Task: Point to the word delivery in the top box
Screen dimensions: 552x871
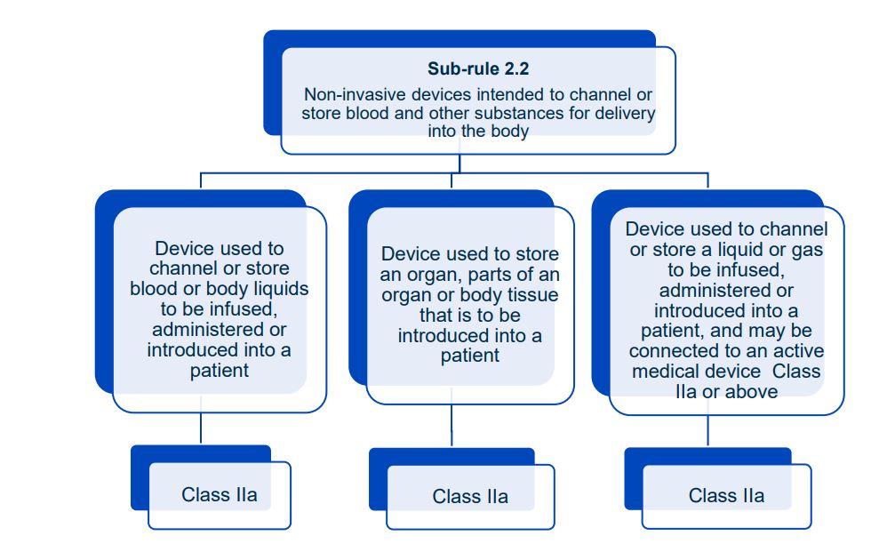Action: click(624, 113)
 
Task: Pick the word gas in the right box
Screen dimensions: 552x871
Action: click(805, 250)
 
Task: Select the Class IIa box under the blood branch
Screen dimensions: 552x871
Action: click(220, 495)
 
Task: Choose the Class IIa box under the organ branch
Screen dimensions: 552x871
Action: click(470, 497)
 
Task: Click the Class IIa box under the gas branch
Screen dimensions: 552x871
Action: click(726, 496)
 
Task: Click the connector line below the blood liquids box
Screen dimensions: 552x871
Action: click(201, 428)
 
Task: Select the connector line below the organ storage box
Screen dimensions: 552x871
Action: click(451, 428)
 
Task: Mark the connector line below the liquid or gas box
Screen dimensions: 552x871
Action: click(707, 431)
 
